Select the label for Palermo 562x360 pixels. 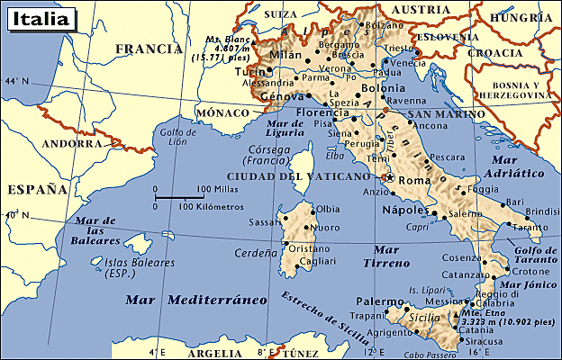[379, 301]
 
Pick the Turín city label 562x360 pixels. [249, 71]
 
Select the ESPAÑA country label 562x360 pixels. [37, 190]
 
